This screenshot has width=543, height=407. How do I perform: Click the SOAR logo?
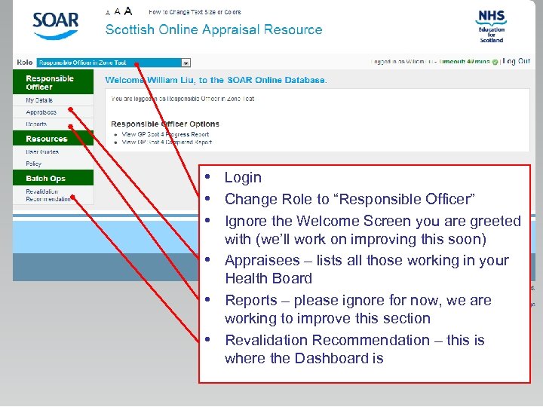click(x=55, y=25)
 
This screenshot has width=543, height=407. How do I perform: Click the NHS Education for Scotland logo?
click(x=491, y=26)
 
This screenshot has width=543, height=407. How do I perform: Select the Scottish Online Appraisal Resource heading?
click(x=213, y=30)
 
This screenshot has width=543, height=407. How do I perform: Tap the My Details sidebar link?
click(x=39, y=99)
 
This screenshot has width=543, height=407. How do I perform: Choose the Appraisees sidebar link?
click(x=41, y=112)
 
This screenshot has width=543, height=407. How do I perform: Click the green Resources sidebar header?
click(x=46, y=139)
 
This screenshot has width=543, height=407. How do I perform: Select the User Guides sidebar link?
click(x=42, y=151)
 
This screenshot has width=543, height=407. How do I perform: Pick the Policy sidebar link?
click(x=33, y=164)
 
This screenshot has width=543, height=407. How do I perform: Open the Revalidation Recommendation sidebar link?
click(x=47, y=195)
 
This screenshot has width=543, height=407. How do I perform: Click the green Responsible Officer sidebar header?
click(x=50, y=82)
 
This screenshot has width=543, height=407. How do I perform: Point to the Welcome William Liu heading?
click(x=216, y=80)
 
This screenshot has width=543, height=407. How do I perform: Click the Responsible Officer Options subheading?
click(x=165, y=124)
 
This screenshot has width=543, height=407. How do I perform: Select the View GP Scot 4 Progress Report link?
click(x=165, y=134)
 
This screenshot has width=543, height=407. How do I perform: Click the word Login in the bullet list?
click(x=243, y=178)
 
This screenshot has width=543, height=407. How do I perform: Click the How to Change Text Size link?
click(x=195, y=12)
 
